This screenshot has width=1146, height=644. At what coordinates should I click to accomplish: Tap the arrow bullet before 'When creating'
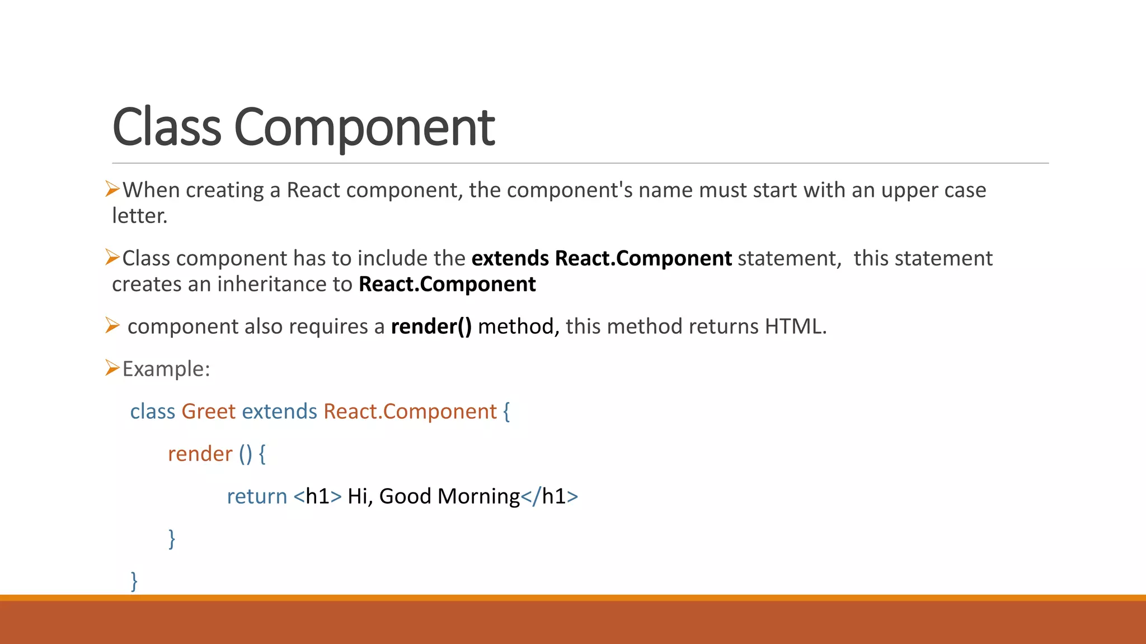(112, 190)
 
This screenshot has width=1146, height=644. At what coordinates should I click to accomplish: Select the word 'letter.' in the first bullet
(139, 216)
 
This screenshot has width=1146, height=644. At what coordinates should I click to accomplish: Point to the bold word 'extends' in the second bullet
(510, 258)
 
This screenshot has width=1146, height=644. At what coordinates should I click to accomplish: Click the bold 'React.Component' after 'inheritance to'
(447, 284)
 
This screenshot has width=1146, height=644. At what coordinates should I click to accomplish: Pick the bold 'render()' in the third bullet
(431, 326)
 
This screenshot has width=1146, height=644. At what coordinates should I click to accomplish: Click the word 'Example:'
(166, 369)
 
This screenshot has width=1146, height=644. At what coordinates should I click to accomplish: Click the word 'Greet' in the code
(208, 411)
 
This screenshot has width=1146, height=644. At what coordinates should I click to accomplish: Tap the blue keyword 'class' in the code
(153, 411)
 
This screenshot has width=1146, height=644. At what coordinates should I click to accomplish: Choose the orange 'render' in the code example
(200, 454)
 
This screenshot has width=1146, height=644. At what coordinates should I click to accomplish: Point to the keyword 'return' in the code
(256, 496)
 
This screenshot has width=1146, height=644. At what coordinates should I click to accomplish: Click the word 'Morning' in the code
(478, 496)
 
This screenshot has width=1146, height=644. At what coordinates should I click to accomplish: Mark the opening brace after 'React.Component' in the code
(506, 412)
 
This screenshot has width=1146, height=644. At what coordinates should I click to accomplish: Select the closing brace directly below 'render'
(172, 539)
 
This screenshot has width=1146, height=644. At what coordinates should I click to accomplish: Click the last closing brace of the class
(134, 581)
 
